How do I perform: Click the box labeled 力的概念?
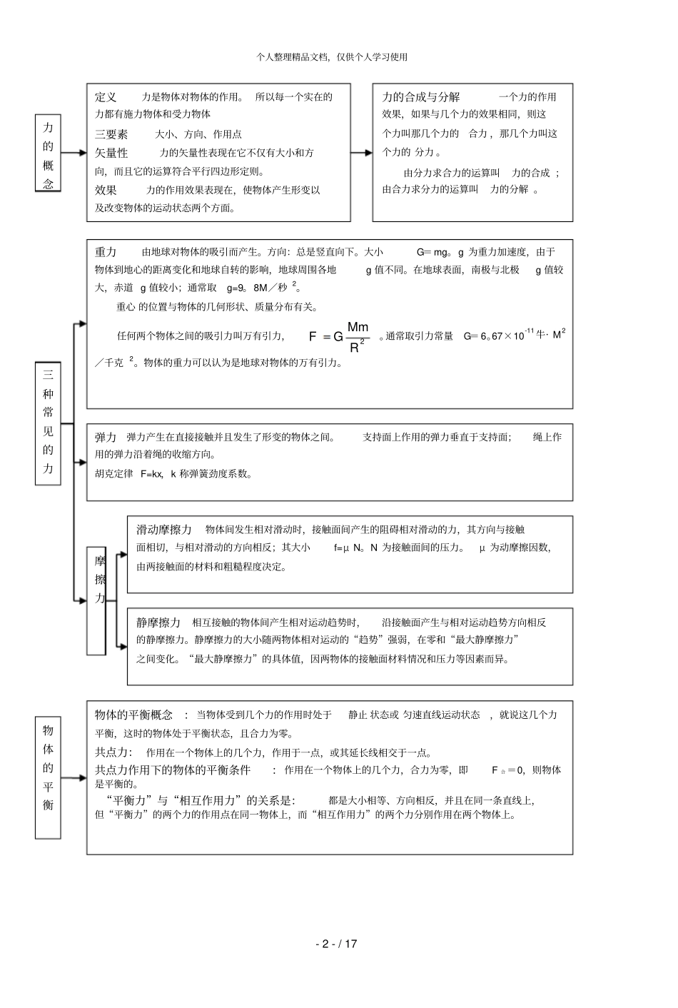[x=48, y=153]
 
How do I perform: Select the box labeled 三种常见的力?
[x=48, y=423]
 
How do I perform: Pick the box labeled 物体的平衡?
[x=48, y=777]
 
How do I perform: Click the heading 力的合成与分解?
[x=421, y=97]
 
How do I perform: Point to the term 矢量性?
[x=111, y=153]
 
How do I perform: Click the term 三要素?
[x=111, y=134]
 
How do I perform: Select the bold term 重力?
[x=106, y=252]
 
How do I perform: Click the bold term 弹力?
[x=106, y=437]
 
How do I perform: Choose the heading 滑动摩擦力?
[x=164, y=530]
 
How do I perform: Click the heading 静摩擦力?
[x=158, y=623]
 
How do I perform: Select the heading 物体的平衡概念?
[x=133, y=715]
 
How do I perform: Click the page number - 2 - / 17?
[x=336, y=944]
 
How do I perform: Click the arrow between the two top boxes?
[x=361, y=152]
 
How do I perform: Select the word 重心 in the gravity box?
[x=126, y=307]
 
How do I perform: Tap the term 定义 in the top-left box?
[x=106, y=97]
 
